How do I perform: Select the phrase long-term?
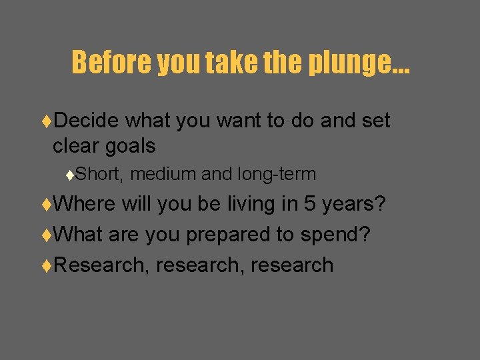point(276,175)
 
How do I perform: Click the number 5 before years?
point(309,203)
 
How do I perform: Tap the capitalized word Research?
point(101,265)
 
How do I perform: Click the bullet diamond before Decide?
point(46,121)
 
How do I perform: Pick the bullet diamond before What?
point(46,235)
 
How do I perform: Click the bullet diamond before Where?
point(46,204)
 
